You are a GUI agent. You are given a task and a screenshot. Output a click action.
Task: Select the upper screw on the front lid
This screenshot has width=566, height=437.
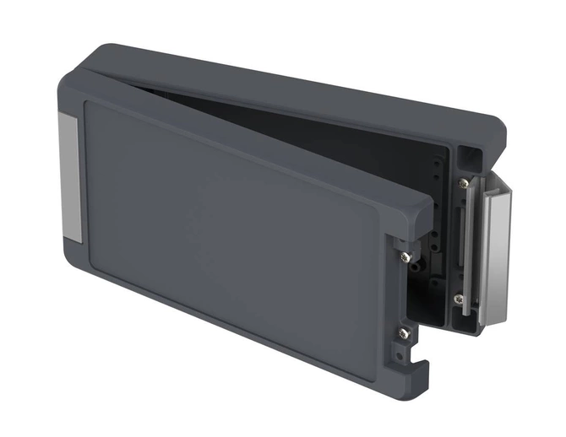pyautogui.click(x=406, y=256)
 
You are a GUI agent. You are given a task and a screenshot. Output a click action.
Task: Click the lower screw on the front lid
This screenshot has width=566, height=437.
pyautogui.click(x=404, y=334)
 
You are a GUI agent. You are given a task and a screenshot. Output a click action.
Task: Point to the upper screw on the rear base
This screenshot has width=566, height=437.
pyautogui.click(x=463, y=182)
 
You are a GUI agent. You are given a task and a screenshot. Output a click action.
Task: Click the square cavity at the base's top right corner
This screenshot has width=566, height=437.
pyautogui.click(x=471, y=155)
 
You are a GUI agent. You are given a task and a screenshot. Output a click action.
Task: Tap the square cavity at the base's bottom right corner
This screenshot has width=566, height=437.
pyautogui.click(x=465, y=319)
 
